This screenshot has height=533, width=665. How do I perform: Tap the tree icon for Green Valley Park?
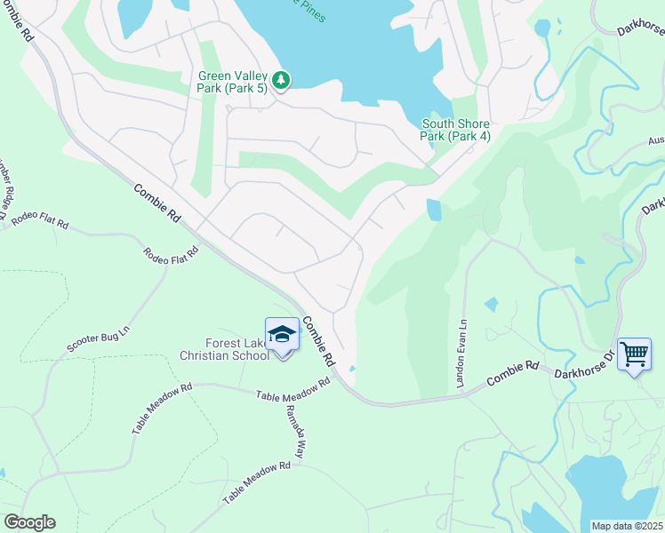point(281,81)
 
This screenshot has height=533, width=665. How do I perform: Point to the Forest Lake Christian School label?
point(224,349)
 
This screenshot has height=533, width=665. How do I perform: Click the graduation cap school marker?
point(282,335)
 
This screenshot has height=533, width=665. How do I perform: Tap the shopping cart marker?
point(634,354)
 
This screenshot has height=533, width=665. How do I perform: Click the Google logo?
point(28,522)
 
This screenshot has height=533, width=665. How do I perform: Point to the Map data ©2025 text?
point(628,526)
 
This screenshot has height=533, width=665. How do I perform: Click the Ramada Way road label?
point(295,434)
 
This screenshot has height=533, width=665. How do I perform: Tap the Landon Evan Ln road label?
point(461,353)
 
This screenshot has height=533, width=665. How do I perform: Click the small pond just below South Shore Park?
point(433,210)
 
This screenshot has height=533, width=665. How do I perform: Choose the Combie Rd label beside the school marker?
point(316,342)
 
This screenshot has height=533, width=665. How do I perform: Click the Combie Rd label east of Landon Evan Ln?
point(514,374)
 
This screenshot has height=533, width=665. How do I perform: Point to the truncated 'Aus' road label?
point(656,139)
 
